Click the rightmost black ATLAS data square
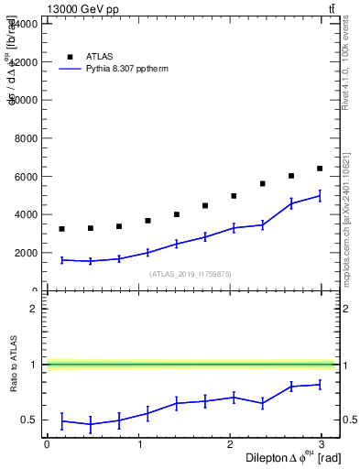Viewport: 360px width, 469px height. click(320, 169)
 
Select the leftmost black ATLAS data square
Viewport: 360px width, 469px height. click(61, 229)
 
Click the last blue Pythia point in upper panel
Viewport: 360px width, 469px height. click(320, 196)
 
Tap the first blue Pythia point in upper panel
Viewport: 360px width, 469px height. click(61, 260)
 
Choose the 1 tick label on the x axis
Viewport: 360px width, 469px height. click(139, 443)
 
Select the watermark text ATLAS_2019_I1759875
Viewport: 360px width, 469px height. click(191, 274)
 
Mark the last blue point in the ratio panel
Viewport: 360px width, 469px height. click(320, 385)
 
